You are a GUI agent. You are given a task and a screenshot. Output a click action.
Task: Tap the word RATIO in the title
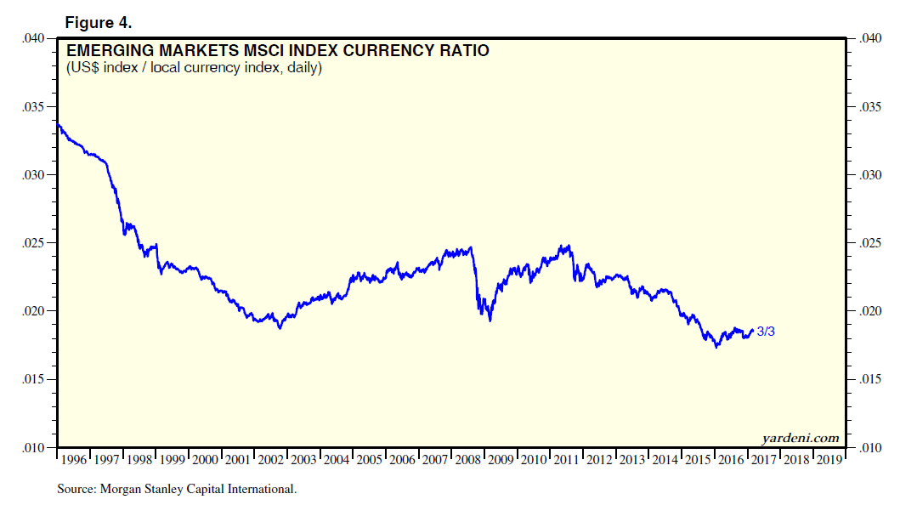click(465, 51)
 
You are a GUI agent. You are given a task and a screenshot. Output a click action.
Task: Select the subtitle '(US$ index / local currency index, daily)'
click(194, 68)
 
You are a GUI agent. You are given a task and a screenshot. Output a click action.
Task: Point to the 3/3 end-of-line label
click(765, 332)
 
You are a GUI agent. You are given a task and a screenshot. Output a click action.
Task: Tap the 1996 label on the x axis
click(75, 460)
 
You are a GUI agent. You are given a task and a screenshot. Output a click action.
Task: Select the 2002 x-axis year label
click(271, 460)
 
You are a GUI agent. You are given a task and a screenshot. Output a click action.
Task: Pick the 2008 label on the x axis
click(468, 460)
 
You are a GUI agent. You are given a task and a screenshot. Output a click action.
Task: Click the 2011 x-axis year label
click(567, 460)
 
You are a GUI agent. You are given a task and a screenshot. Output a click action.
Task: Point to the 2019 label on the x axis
click(829, 460)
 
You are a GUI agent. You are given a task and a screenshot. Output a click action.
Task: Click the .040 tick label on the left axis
click(37, 39)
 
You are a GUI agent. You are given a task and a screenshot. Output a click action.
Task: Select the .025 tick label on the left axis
click(37, 243)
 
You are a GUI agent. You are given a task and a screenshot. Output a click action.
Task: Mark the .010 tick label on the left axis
click(37, 447)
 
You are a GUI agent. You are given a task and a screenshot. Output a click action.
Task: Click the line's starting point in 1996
click(58, 124)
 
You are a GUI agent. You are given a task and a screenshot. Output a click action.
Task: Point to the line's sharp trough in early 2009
click(490, 320)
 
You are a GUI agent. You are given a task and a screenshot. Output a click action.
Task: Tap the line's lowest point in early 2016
click(716, 347)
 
